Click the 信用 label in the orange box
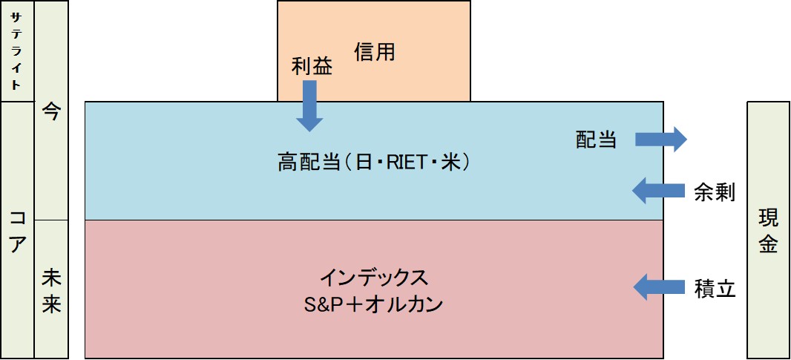point(374,51)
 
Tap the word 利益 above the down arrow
point(312,67)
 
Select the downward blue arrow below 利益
point(309,106)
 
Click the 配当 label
point(597,139)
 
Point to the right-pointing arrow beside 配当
point(661,139)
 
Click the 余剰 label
point(714,192)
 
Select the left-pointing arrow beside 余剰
point(658,191)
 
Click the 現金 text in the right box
point(768,231)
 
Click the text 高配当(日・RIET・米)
point(374,163)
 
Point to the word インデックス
point(374,278)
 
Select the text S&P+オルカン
point(374,304)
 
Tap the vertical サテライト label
point(16,51)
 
